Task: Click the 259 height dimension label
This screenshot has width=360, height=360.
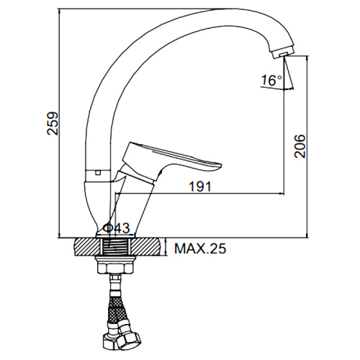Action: tap(53, 123)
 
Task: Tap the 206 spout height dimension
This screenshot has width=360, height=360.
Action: tap(300, 146)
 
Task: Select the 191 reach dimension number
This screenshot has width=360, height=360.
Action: tap(200, 186)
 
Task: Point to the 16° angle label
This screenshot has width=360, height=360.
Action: tap(271, 80)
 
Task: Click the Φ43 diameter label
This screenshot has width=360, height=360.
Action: tap(116, 228)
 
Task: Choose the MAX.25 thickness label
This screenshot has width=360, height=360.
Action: tap(200, 248)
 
